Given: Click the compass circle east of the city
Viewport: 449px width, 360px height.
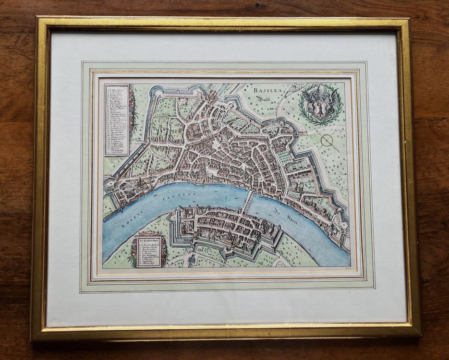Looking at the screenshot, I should [x=327, y=140].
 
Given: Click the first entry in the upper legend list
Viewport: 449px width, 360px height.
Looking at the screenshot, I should [x=117, y=88].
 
